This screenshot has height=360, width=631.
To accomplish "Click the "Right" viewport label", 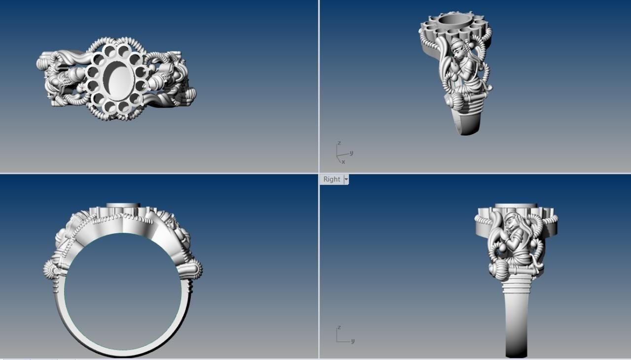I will point(331,180).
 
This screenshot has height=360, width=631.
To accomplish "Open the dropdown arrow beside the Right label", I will point(346,180).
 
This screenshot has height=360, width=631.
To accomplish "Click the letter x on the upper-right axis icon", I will point(343,162).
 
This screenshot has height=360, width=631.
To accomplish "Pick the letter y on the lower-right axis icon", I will point(353,341).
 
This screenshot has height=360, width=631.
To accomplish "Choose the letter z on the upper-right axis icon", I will point(338,143).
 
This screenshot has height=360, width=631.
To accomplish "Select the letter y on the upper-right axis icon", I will point(351,153).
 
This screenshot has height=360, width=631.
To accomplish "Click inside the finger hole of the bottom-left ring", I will point(123,291).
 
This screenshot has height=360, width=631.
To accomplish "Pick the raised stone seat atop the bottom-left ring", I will point(123,206).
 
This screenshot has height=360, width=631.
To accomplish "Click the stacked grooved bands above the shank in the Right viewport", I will point(518,284).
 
